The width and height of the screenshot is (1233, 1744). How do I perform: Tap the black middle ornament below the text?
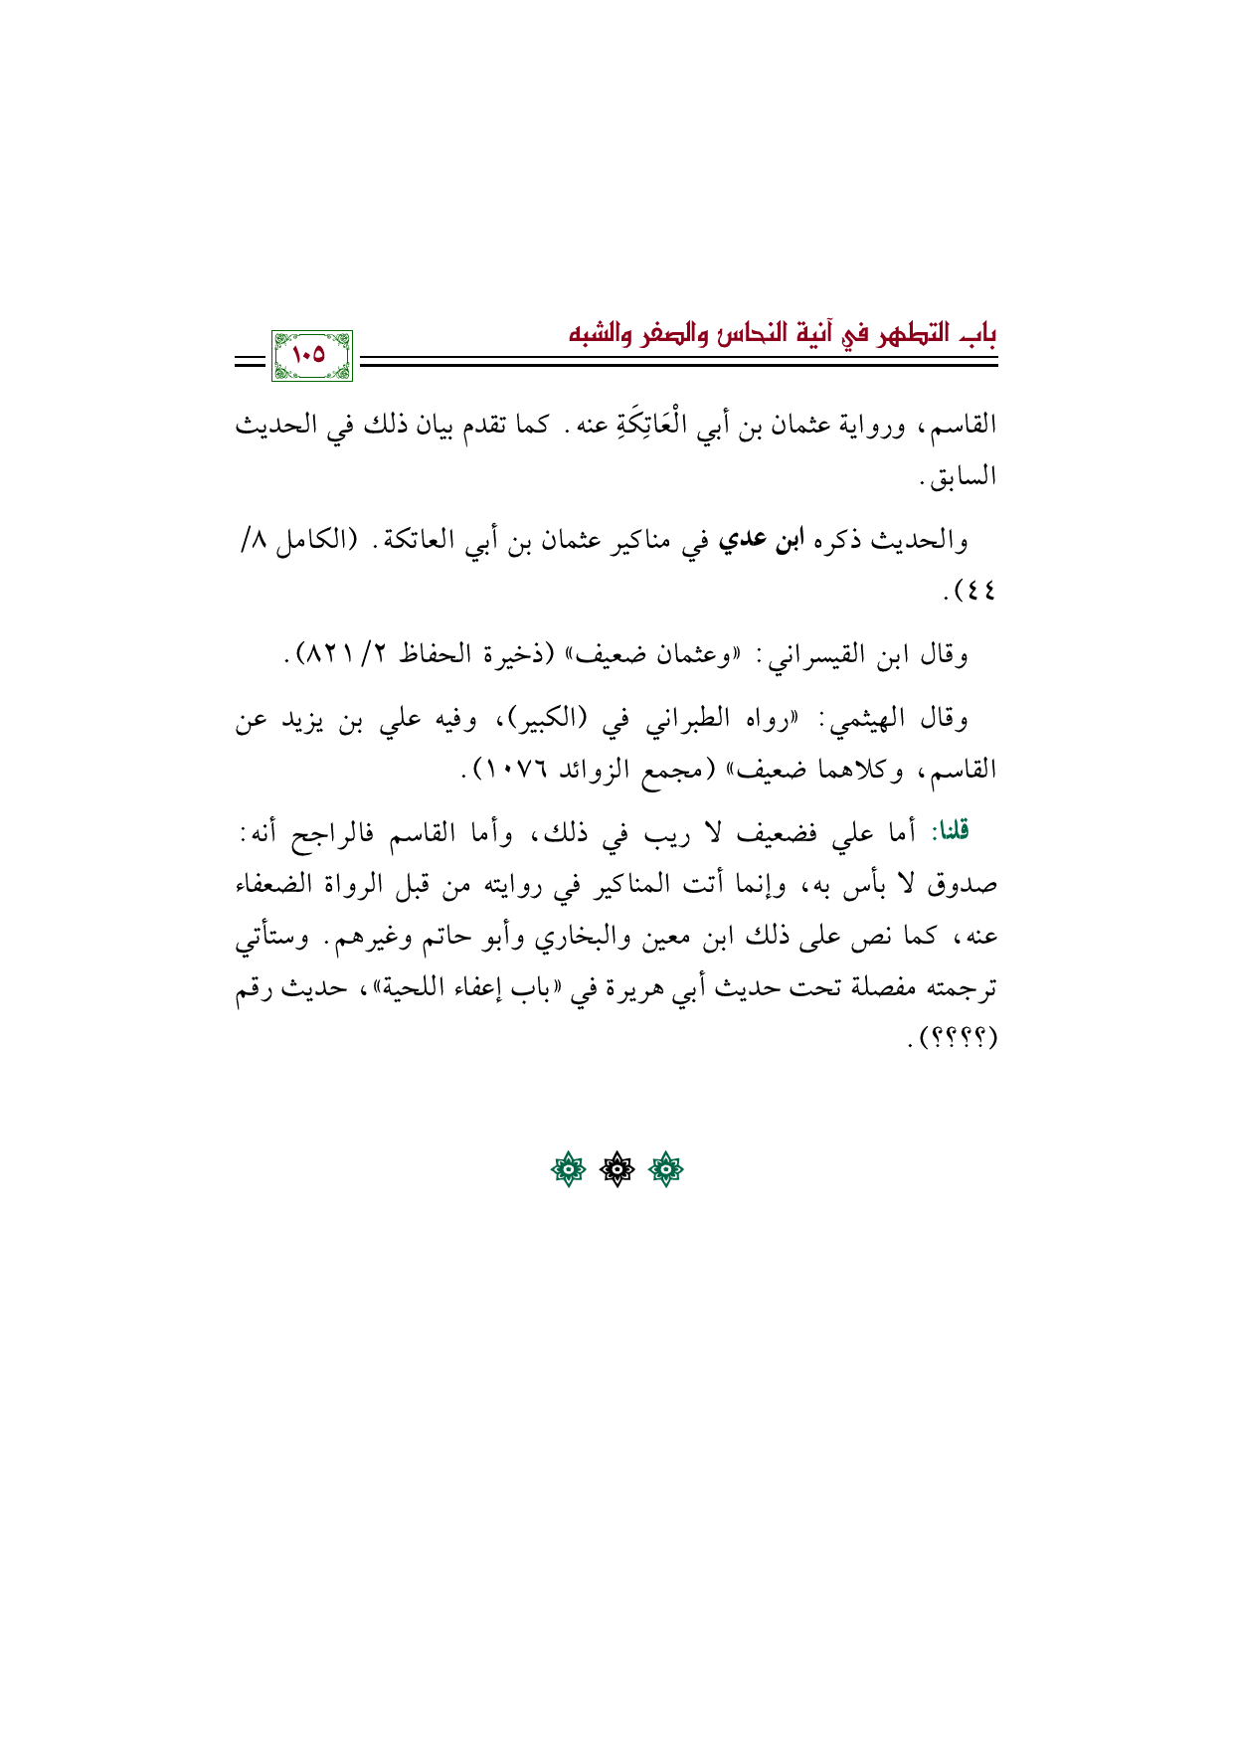[x=616, y=1171]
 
